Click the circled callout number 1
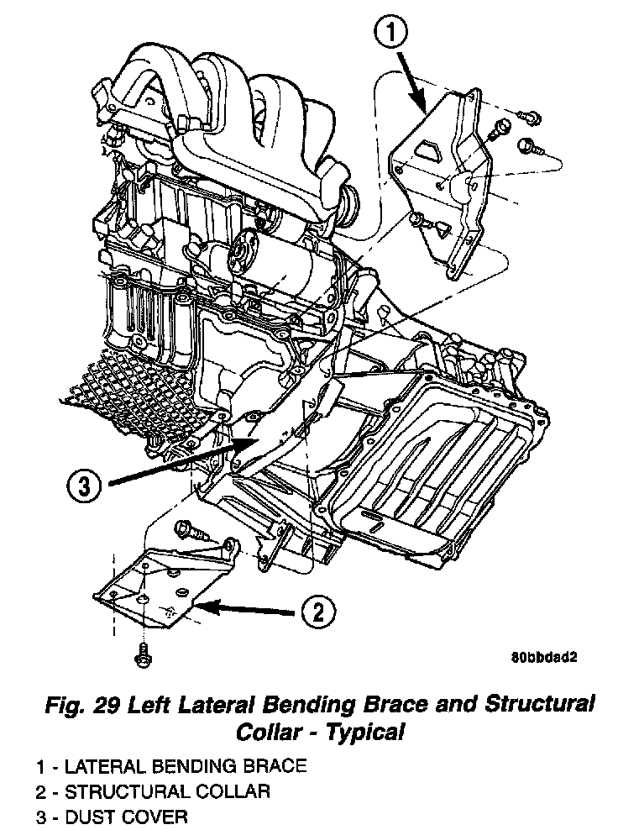(393, 34)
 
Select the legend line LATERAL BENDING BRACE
(171, 766)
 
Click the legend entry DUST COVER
(113, 816)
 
